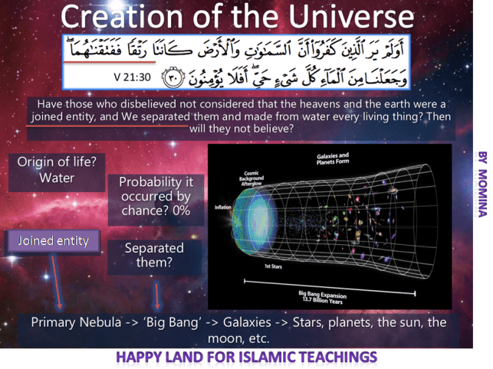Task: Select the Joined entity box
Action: (x=53, y=240)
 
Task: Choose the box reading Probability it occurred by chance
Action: (x=156, y=198)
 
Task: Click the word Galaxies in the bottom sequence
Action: (x=245, y=322)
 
